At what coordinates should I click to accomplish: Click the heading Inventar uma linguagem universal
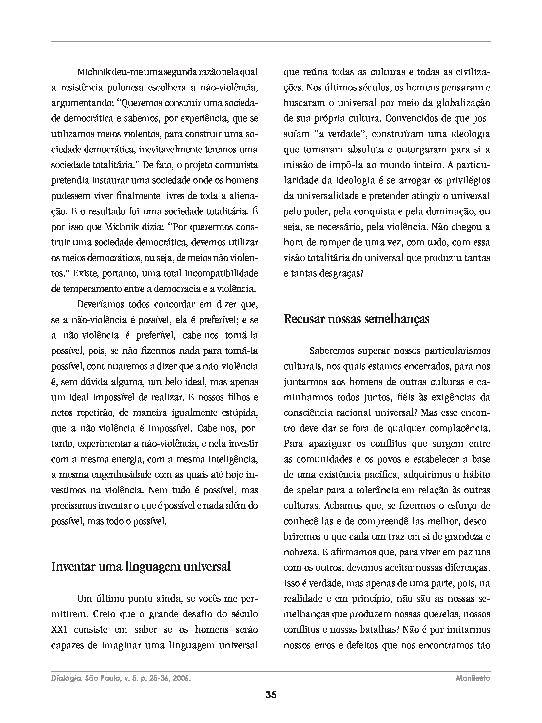click(141, 566)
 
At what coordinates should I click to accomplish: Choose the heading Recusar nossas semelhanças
click(356, 319)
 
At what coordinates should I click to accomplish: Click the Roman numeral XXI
click(59, 630)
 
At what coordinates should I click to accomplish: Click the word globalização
click(463, 103)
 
